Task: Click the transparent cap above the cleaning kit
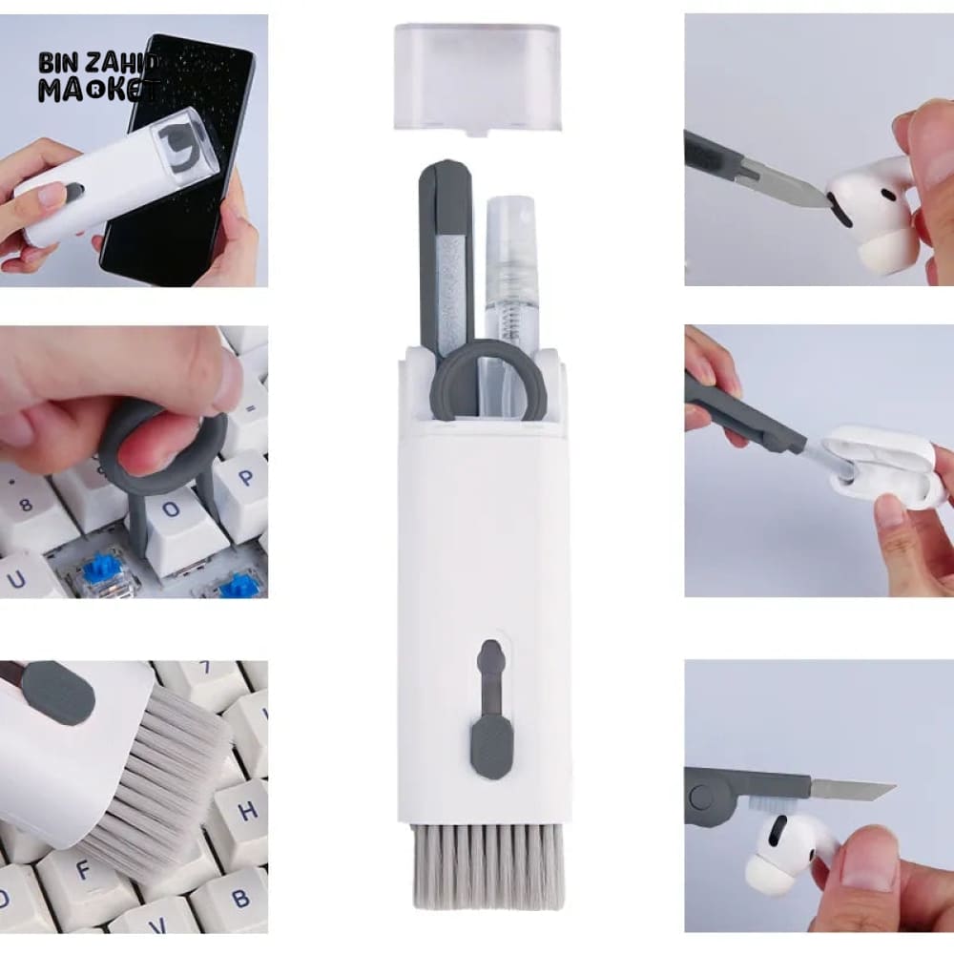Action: tap(477, 76)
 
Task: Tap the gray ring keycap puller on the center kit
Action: tap(488, 382)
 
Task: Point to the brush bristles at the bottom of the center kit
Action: tap(487, 863)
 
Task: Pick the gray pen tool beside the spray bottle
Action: tap(446, 258)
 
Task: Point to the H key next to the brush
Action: tap(245, 811)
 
